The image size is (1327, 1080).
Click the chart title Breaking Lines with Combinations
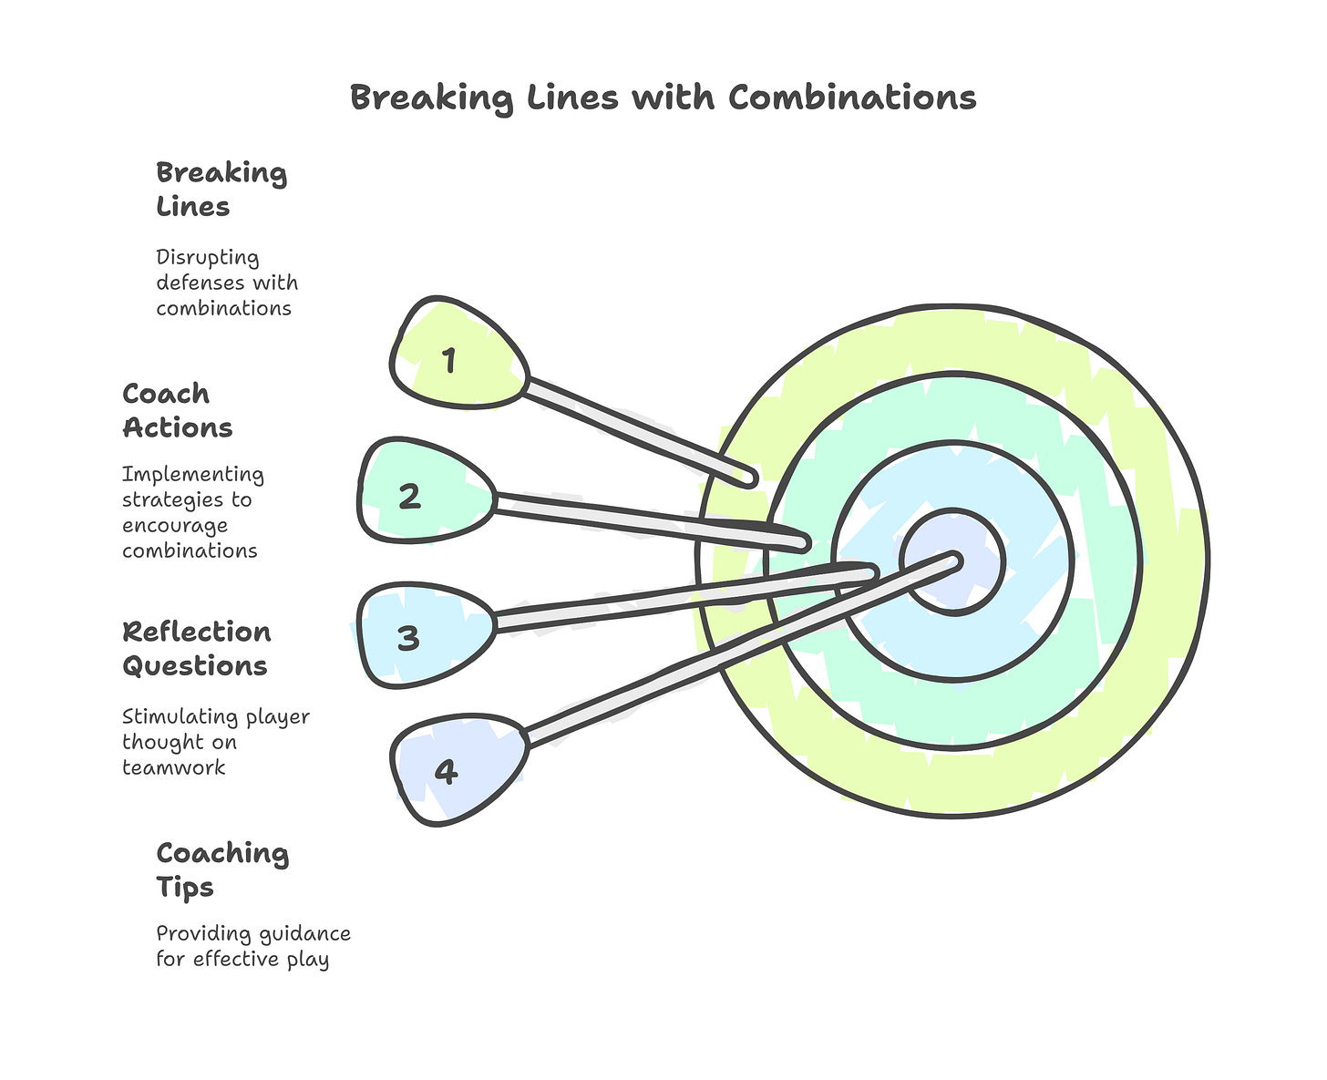[663, 98]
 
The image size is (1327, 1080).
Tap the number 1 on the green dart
[448, 362]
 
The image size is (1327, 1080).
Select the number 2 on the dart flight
[409, 497]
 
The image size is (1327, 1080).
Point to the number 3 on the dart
[408, 638]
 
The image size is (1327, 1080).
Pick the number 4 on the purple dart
[445, 772]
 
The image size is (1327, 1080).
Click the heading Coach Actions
[177, 410]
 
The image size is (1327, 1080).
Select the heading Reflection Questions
[196, 648]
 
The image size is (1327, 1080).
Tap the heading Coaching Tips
[221, 869]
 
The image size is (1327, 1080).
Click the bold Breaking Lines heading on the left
[221, 189]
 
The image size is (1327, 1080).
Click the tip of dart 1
[750, 477]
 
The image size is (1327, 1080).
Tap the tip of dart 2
[802, 543]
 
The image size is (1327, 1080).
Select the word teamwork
[173, 767]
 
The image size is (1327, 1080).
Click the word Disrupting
[207, 258]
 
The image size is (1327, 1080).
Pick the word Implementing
[192, 475]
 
